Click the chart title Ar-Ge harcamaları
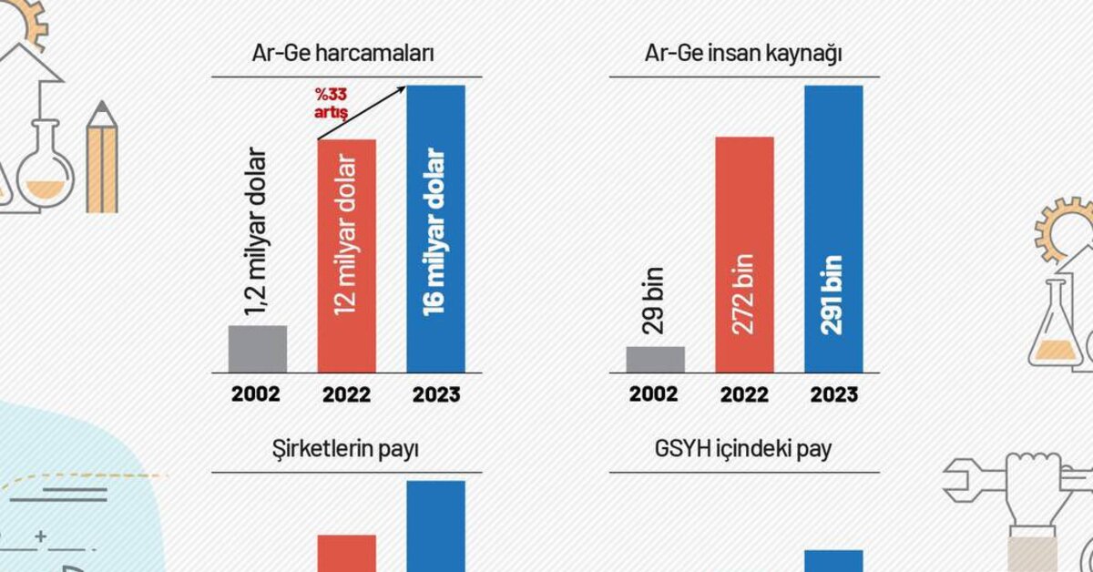[342, 53]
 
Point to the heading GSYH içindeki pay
[742, 449]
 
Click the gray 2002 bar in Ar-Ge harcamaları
[257, 349]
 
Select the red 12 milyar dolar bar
[346, 255]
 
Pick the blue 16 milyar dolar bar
[435, 228]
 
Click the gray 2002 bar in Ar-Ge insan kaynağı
[656, 359]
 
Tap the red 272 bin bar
[745, 255]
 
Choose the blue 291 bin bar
[833, 228]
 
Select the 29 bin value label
[656, 301]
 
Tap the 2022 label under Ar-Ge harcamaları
[346, 395]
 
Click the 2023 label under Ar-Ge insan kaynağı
[833, 395]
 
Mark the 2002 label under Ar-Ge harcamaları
[256, 395]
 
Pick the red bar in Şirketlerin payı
[346, 553]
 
